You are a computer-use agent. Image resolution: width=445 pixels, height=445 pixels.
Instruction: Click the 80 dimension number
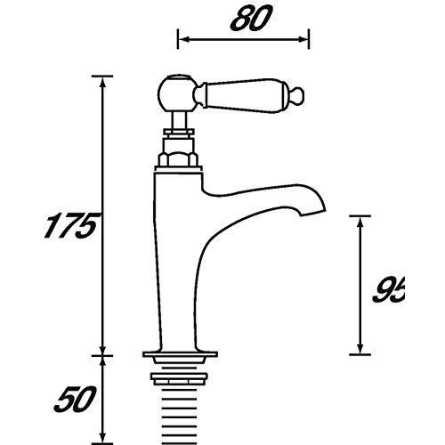(251, 19)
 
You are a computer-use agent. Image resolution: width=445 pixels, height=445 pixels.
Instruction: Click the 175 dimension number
(70, 226)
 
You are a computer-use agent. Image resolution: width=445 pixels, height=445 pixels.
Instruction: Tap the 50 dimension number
(75, 400)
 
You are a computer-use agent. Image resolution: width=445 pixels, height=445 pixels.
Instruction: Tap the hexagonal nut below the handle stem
(178, 159)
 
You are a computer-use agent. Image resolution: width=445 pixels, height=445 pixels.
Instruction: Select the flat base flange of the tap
(180, 354)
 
